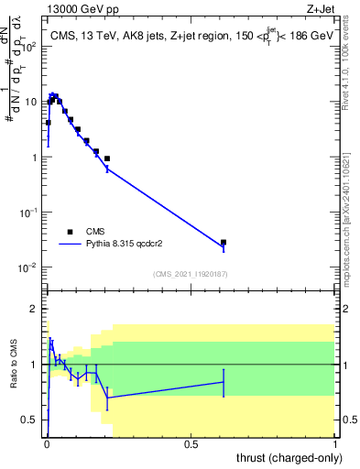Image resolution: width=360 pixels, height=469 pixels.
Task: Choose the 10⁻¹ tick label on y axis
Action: click(30, 213)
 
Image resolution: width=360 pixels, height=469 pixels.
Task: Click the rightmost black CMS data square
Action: click(224, 243)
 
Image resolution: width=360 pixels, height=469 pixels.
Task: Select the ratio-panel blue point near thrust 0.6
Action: click(224, 382)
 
